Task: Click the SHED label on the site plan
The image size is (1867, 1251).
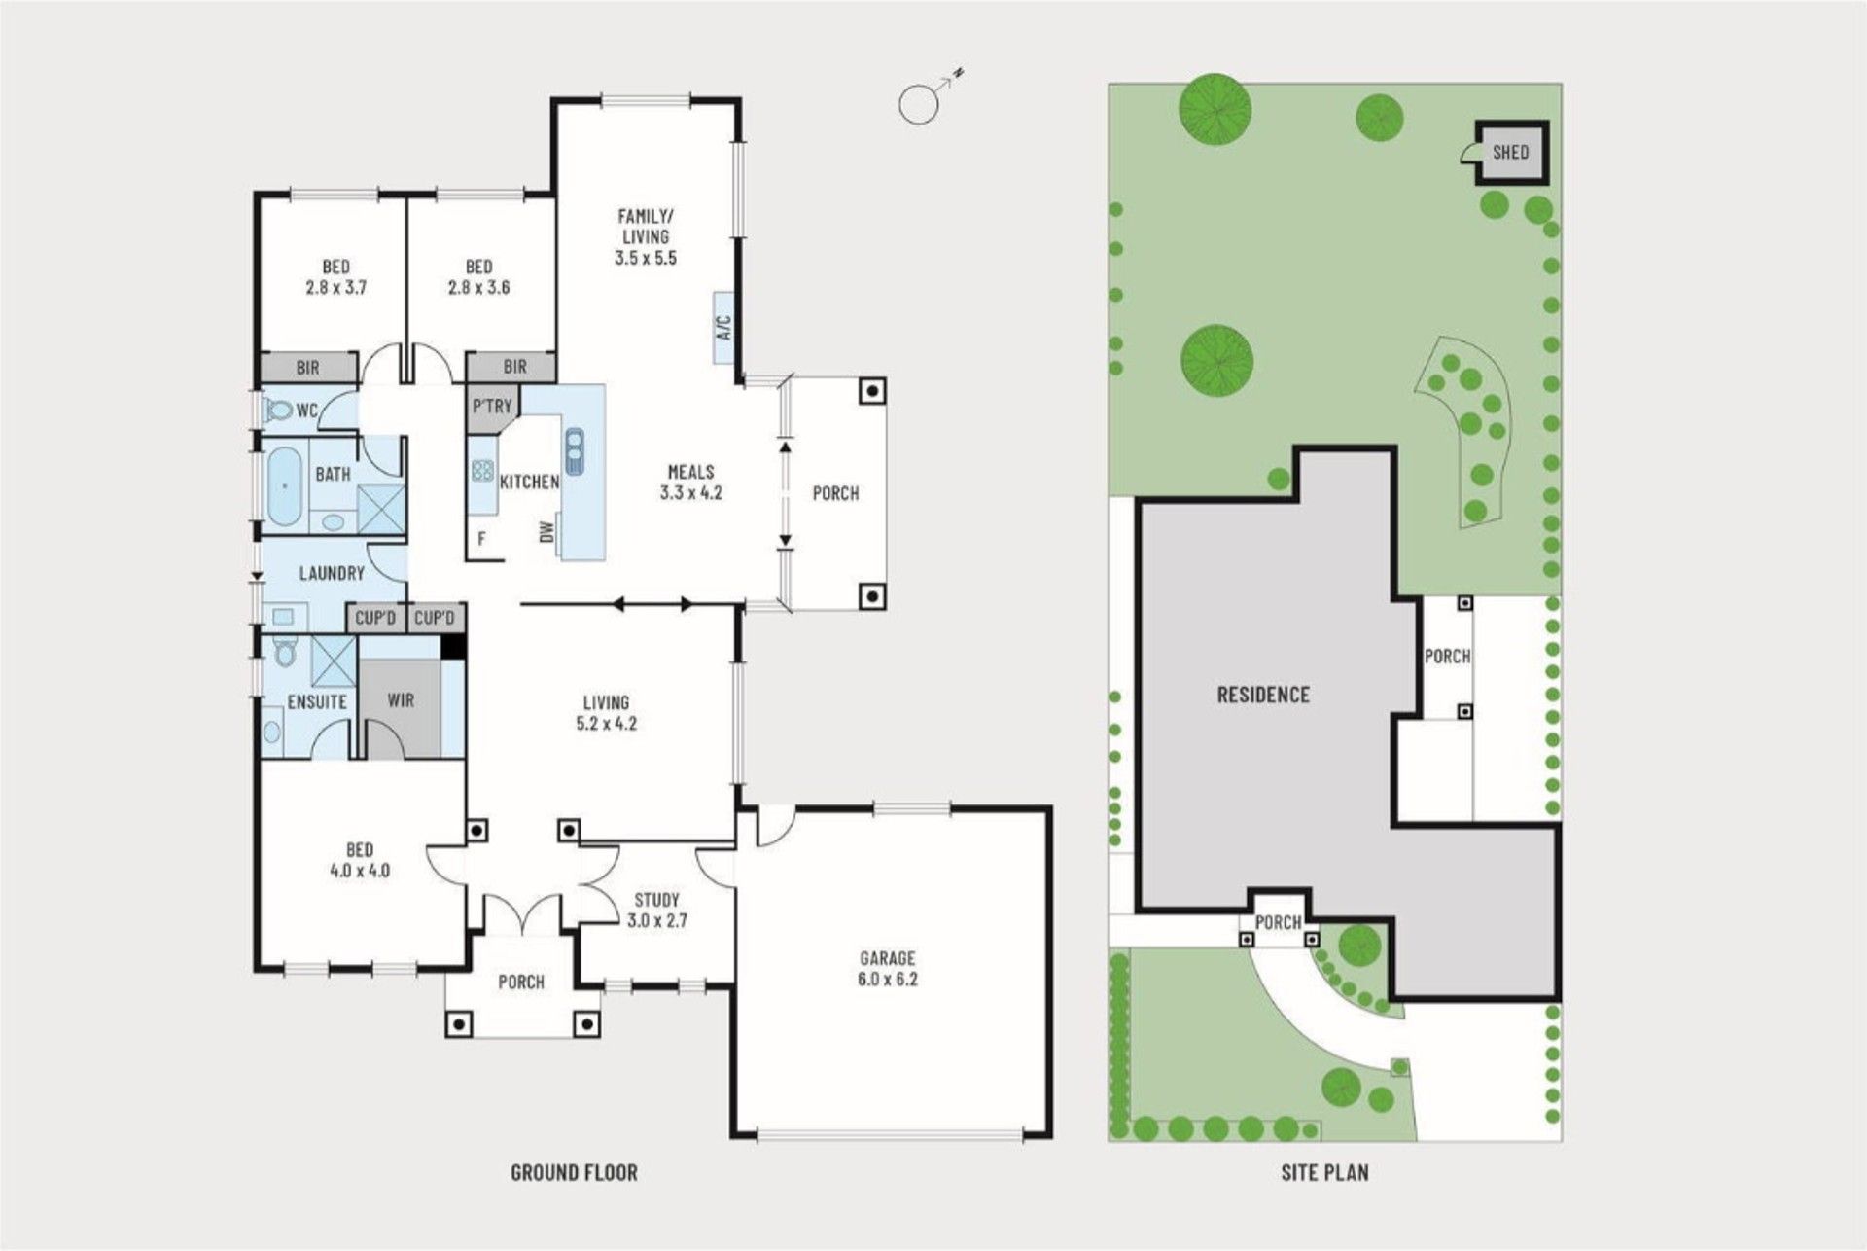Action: coord(1510,152)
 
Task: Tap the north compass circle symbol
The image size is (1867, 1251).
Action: coord(916,104)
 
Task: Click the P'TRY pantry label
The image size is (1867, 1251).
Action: coord(492,406)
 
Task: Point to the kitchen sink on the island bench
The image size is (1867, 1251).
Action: coord(574,450)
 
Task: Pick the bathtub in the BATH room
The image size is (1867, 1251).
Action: coord(284,487)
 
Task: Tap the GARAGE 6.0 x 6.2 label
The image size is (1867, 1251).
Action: coord(887,969)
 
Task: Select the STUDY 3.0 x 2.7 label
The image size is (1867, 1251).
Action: coord(656,910)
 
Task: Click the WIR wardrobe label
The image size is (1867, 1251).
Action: coord(401,699)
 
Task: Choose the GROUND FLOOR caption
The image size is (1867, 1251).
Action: coord(574,1172)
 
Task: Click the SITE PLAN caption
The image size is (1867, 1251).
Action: coord(1324,1172)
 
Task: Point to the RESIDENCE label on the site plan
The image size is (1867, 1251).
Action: coord(1263,695)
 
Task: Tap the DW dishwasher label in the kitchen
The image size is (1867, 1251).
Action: coord(546,531)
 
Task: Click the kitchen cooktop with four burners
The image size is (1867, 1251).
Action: coord(482,471)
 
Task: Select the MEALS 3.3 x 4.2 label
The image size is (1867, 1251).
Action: coord(690,482)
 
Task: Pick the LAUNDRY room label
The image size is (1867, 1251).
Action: coord(332,573)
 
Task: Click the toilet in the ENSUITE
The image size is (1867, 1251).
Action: coord(285,652)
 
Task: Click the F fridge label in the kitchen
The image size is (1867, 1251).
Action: coord(481,538)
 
